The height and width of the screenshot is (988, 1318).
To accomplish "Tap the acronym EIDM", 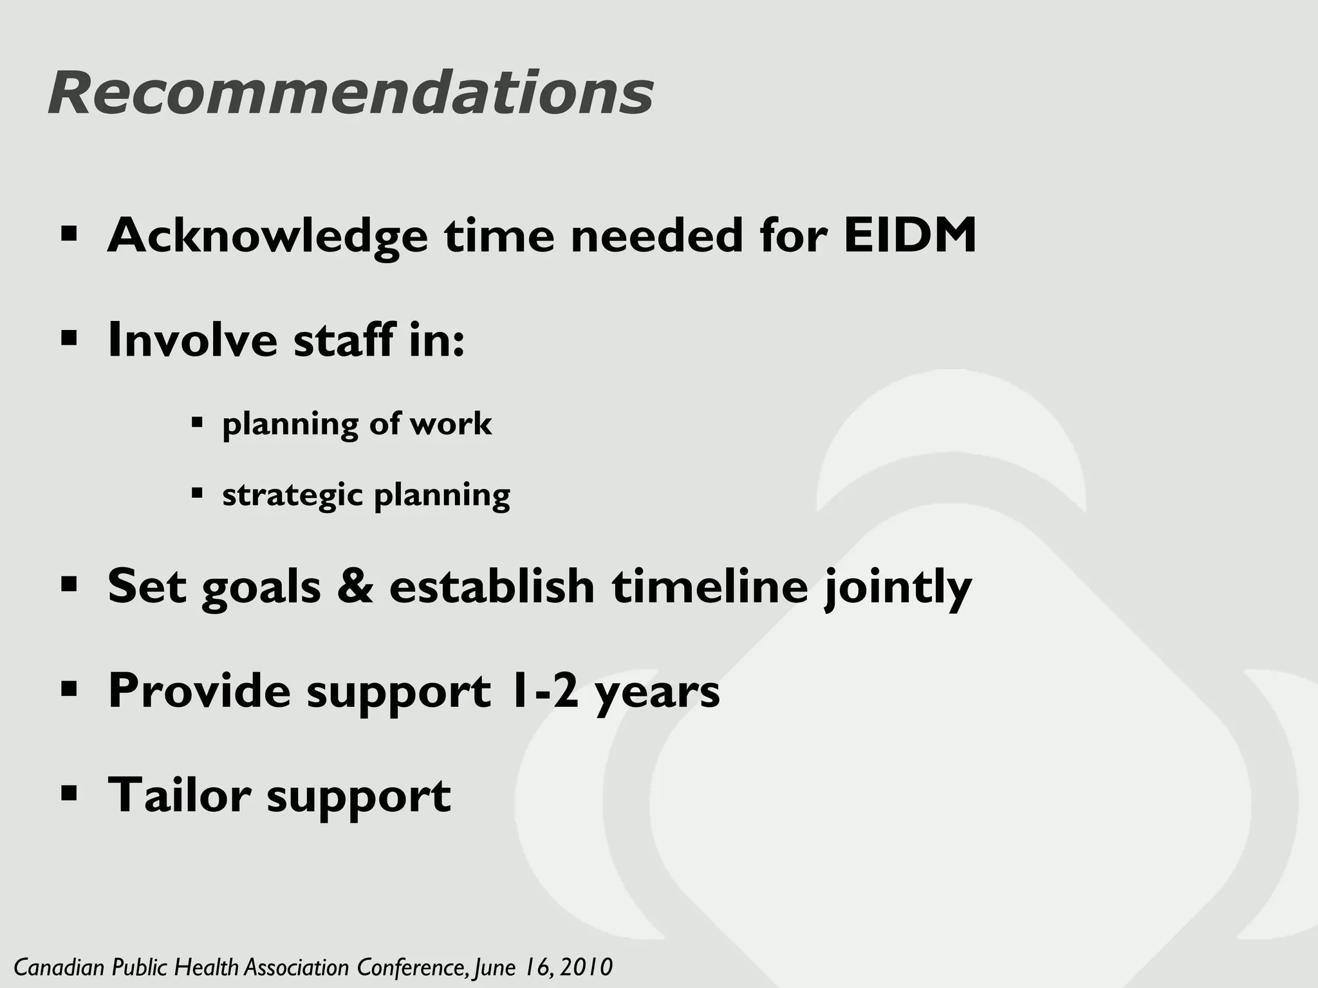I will (x=910, y=235).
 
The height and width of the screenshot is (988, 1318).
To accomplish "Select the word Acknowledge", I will (x=267, y=237).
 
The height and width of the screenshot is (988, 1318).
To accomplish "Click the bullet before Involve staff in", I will (x=68, y=337).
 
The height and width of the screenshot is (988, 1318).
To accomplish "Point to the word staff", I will (x=344, y=340).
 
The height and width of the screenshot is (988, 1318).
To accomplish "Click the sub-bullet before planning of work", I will (x=197, y=423).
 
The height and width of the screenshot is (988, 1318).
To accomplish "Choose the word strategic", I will (x=293, y=495).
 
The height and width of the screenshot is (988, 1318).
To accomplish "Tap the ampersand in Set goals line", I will (x=355, y=586).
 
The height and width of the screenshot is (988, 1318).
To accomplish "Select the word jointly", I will (x=898, y=589).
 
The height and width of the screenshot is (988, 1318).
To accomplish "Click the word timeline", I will (x=709, y=586).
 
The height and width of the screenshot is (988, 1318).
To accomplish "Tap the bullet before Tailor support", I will (x=68, y=792).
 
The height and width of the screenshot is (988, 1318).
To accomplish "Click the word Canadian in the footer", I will (x=60, y=967).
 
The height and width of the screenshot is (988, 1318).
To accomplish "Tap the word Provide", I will (x=199, y=691).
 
